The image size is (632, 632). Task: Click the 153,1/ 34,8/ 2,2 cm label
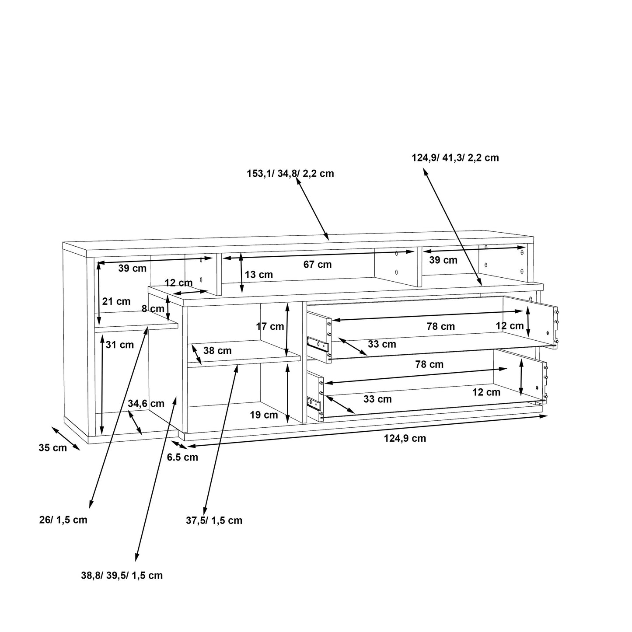(290, 174)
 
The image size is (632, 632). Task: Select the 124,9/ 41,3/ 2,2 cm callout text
(455, 158)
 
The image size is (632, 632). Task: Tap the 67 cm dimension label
(318, 265)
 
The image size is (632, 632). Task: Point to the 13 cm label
(258, 275)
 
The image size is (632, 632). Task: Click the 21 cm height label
(116, 301)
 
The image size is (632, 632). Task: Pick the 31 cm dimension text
(119, 345)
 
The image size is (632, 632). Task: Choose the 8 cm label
(153, 309)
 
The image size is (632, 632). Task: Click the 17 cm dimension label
(270, 326)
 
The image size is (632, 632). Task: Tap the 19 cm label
(264, 415)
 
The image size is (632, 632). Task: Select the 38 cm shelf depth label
(217, 351)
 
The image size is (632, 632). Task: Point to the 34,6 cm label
(146, 403)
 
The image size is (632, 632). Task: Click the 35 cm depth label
(52, 448)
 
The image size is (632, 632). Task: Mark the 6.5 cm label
(182, 457)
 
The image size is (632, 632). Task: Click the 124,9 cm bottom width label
(405, 438)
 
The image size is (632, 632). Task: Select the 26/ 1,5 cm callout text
(63, 520)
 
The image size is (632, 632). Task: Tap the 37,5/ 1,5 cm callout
(214, 520)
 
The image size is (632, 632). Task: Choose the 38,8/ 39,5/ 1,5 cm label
(122, 576)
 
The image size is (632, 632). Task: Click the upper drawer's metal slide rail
(318, 344)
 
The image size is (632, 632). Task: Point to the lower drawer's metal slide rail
(314, 403)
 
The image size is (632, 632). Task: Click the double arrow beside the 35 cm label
(66, 438)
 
